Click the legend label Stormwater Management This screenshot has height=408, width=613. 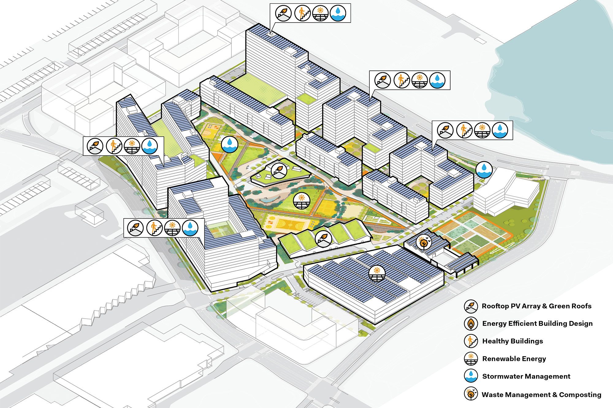[526, 376]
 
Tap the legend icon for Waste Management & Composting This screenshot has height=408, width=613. [471, 394]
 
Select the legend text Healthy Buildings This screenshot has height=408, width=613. [512, 341]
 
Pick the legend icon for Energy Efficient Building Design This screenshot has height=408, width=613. [471, 324]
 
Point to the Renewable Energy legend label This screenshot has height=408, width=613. [514, 359]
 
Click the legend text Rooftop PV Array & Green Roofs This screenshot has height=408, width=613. [536, 306]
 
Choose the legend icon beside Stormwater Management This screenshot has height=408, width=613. [471, 376]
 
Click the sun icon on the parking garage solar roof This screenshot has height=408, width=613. [377, 273]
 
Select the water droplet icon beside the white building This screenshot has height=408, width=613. [484, 170]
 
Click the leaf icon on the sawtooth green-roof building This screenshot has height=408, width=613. [323, 238]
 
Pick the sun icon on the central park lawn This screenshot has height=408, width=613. [302, 201]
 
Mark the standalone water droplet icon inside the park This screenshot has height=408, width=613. [230, 144]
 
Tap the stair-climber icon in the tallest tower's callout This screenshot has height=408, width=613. [302, 13]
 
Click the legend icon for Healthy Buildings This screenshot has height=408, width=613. [471, 341]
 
